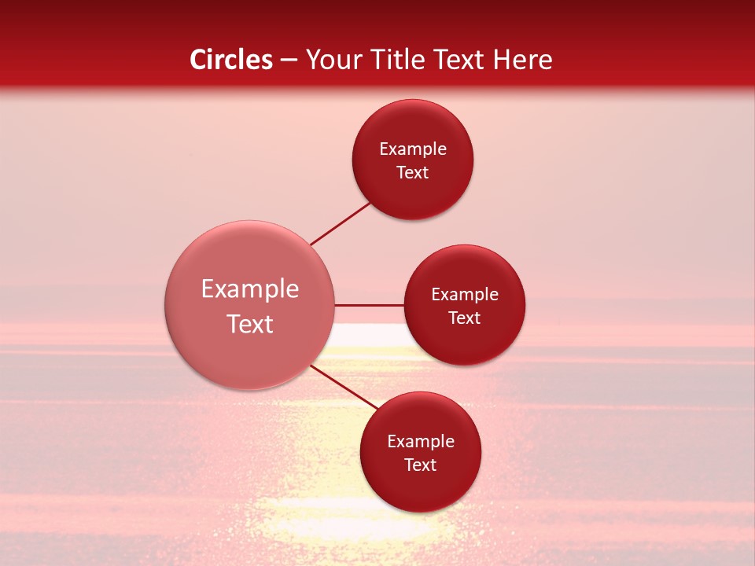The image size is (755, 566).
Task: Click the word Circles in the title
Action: pos(231,60)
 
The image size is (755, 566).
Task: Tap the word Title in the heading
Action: pos(396,60)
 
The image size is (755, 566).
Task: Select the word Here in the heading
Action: pos(523,60)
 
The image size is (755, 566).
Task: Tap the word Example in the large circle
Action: pos(250,289)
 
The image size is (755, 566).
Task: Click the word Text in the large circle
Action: pos(250,324)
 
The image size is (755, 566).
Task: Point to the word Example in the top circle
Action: pos(413,149)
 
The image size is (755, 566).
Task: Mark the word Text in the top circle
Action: pos(413,173)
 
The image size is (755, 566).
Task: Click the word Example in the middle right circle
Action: pos(465,295)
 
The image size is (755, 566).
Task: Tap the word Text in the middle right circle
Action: pos(465,318)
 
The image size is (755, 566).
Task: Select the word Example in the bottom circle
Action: pos(421,442)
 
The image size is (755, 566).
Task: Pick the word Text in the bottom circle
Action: pos(421,465)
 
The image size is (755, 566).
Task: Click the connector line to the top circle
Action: pos(340,224)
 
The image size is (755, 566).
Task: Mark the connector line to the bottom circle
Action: pos(344,387)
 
